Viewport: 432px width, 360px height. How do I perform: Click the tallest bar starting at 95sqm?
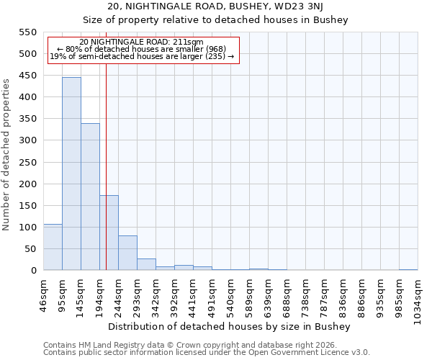point(71,174)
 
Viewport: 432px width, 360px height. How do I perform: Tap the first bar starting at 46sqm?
point(53,247)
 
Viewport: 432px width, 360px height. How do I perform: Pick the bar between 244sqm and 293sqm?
point(127,253)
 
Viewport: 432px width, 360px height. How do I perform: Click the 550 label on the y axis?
point(28,32)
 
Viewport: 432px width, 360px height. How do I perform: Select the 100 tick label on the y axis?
point(28,228)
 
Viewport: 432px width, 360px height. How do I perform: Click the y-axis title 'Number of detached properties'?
point(7,156)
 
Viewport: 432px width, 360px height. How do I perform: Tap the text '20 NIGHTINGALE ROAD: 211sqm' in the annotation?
point(141,42)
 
